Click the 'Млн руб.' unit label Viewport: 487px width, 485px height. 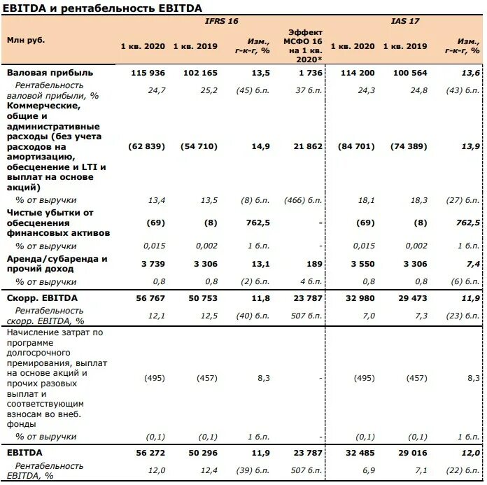click(26, 40)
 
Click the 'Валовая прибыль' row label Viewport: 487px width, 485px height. click(49, 73)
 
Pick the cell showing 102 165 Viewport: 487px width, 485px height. click(200, 73)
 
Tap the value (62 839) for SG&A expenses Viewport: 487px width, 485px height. click(147, 146)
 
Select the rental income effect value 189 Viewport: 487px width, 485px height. click(315, 263)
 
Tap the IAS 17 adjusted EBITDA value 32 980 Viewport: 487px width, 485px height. click(356, 298)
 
